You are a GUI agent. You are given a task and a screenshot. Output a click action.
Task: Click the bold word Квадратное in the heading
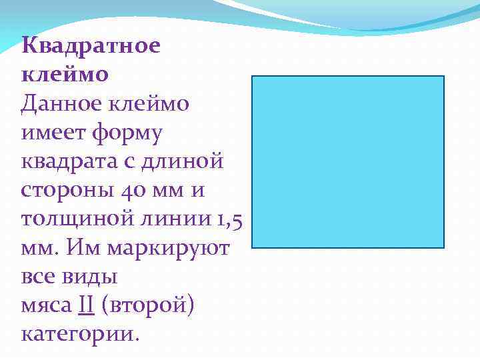91,47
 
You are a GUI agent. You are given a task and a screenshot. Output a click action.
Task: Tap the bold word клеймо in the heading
65,75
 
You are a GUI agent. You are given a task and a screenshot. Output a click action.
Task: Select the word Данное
58,104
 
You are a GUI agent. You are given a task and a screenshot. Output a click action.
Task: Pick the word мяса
46,307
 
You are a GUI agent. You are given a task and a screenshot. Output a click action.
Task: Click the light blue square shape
347,162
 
